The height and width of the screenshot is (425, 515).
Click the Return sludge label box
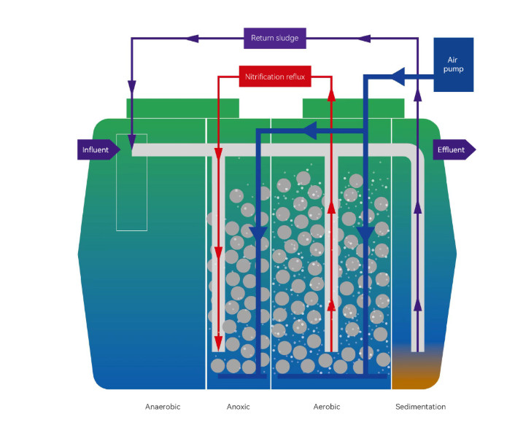click(x=275, y=38)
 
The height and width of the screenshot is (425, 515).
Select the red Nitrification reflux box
click(x=275, y=75)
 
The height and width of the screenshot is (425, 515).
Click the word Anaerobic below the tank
click(x=163, y=407)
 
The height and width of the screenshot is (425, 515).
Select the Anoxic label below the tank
click(x=238, y=407)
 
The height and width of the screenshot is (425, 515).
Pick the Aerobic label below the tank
click(x=326, y=407)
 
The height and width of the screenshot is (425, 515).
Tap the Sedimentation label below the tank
click(x=420, y=407)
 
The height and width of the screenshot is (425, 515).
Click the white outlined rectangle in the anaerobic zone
click(x=131, y=182)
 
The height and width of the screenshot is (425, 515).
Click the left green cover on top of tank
click(x=182, y=108)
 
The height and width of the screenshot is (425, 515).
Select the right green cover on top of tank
click(x=353, y=108)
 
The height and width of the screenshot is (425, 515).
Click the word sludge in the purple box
click(x=287, y=38)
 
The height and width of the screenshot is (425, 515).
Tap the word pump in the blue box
click(x=453, y=69)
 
